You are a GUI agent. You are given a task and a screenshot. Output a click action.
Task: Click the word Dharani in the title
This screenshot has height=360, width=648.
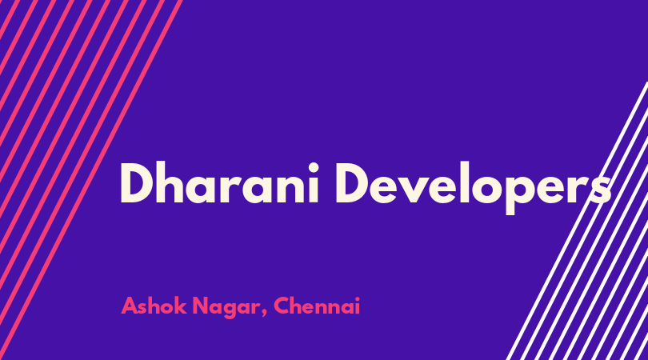coord(219,183)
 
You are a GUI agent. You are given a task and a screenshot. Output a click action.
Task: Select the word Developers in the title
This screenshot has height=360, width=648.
coord(473,188)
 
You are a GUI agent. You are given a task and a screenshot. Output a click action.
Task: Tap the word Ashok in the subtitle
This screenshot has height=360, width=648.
coord(154,306)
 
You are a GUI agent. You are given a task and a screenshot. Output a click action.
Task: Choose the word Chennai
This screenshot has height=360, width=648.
coord(317,306)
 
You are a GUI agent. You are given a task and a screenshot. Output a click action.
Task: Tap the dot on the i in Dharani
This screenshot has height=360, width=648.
coord(313,168)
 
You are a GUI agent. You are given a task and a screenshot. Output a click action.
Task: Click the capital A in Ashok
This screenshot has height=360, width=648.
coord(130,306)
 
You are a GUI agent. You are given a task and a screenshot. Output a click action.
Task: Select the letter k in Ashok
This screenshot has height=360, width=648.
coord(180,306)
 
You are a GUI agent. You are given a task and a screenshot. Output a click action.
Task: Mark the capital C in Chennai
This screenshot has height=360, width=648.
coord(282,306)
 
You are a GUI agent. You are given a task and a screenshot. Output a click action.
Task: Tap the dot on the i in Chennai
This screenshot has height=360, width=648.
coord(357,298)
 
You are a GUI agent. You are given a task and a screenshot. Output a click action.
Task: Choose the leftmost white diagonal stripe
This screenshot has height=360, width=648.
coord(577,221)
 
